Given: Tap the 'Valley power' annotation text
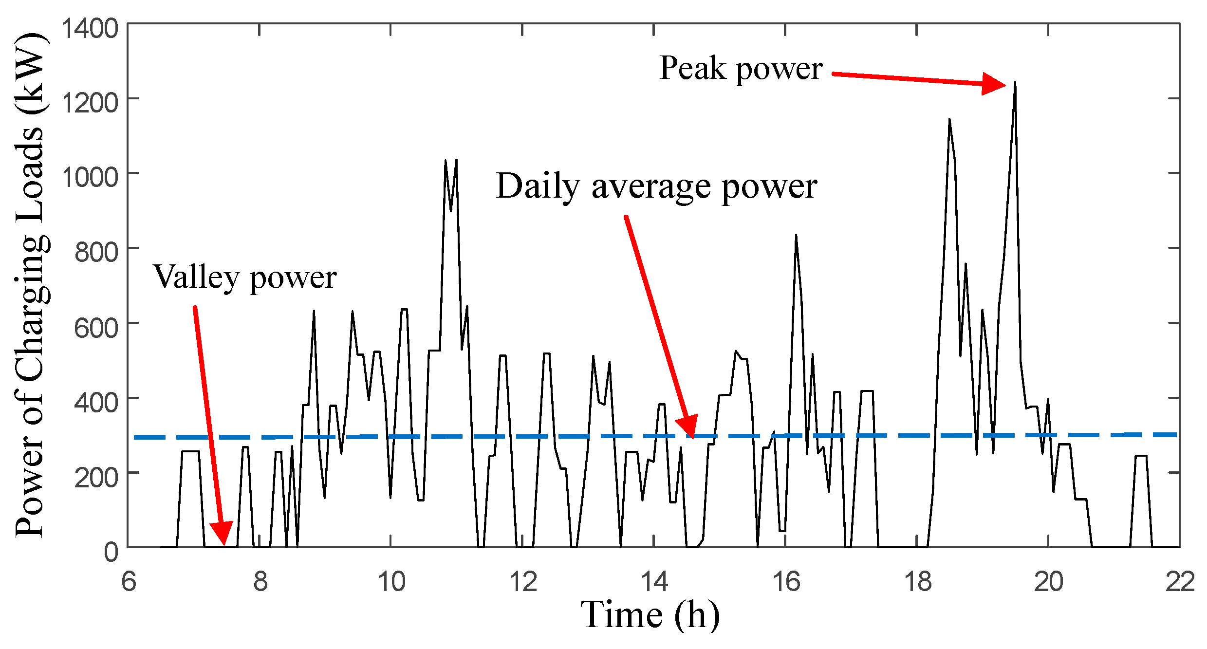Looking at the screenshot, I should point(245,278).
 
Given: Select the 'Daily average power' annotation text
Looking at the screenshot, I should point(656,187).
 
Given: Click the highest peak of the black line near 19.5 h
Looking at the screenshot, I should point(1015,83).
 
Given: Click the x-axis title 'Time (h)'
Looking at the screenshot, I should point(650,614).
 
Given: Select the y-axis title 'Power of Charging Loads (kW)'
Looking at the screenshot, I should point(30,285).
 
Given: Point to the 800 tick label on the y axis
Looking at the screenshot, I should point(96,252).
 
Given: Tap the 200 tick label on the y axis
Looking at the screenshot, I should point(96,477).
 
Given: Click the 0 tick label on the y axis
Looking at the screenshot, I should point(111,553).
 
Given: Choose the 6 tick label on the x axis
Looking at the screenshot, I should point(129,582).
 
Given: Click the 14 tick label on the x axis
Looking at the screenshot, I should point(654,582).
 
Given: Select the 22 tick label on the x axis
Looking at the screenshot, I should point(1180,582).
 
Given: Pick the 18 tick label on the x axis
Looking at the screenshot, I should point(917,582).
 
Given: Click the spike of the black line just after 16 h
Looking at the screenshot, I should point(796,236).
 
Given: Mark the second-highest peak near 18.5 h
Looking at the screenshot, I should point(949,119).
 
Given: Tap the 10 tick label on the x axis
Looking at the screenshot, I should point(391,582).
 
